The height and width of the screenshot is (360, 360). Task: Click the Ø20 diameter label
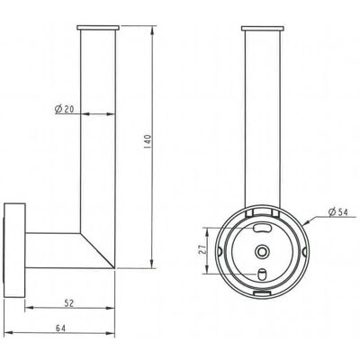click(64, 109)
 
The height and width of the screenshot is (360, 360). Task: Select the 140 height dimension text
click(147, 143)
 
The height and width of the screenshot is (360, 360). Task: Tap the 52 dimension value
click(69, 303)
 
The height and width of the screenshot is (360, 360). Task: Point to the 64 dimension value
click(60, 328)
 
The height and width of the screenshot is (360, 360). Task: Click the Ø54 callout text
click(337, 212)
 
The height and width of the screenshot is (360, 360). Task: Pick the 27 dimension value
click(202, 250)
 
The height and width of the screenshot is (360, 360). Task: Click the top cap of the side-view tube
click(98, 28)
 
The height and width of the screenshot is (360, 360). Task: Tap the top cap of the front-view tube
click(262, 29)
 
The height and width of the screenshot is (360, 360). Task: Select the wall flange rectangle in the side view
click(14, 250)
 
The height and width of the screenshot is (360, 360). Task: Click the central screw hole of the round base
click(262, 251)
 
